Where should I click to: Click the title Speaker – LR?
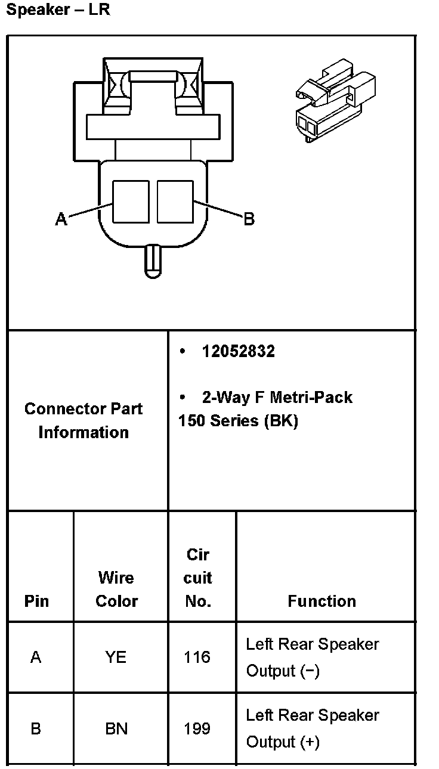point(57,10)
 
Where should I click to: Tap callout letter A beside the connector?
point(61,219)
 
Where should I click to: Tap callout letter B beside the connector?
point(249,219)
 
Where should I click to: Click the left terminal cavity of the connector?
point(131,201)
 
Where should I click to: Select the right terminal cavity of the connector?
point(175,201)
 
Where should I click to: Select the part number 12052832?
point(239,352)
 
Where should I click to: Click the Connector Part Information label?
point(84,420)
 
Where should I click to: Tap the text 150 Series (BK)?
point(238,421)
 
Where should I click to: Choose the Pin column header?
point(36,601)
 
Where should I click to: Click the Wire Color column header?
point(116,589)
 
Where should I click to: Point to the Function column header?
point(321,601)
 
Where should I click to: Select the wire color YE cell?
point(116,657)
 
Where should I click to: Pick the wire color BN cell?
point(116,728)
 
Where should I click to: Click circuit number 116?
point(197,657)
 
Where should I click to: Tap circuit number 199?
point(197,728)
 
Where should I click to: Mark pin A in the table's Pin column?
point(36,657)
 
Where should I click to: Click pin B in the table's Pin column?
point(36,728)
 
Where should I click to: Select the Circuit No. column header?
point(198,578)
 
